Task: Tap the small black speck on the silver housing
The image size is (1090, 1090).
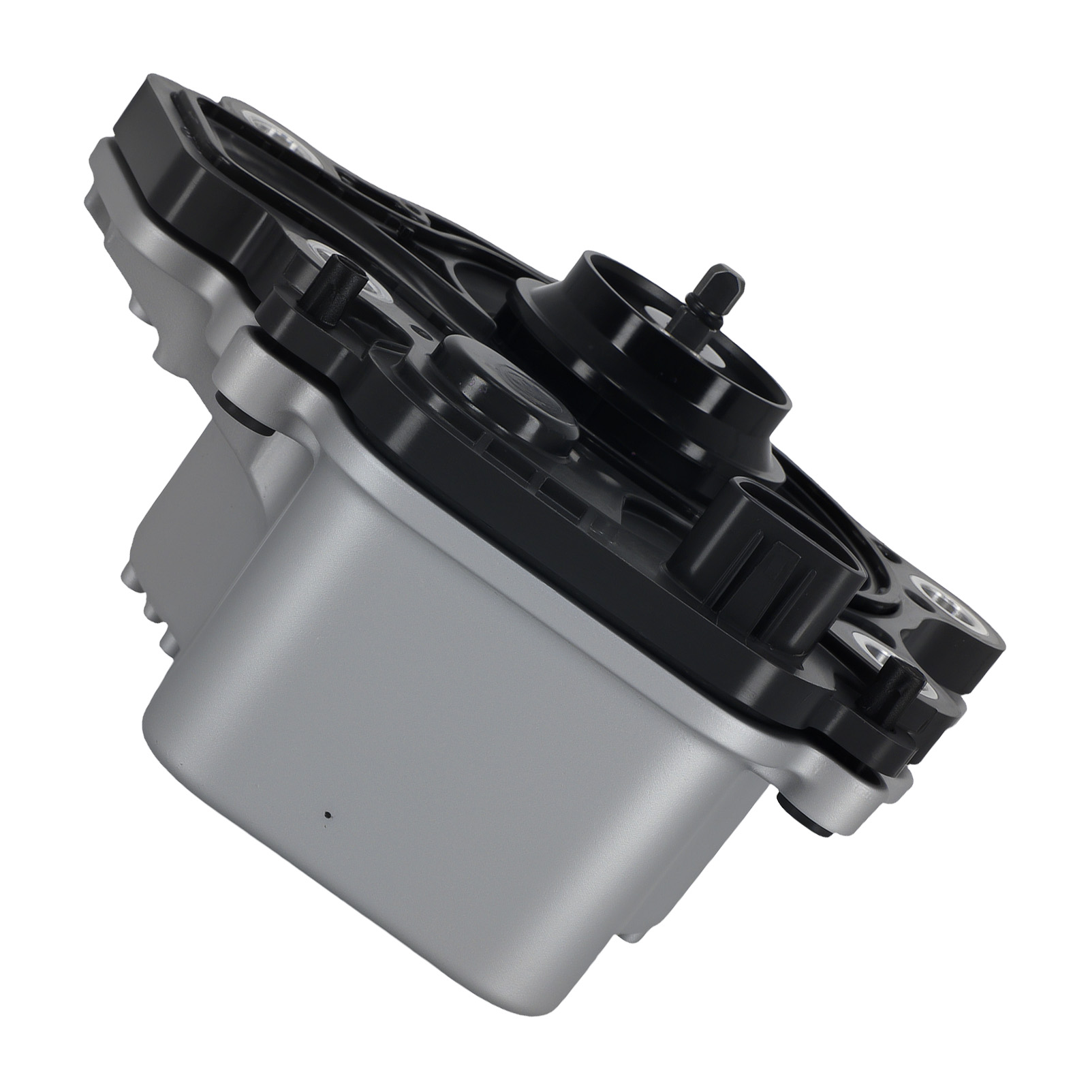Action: tap(328, 815)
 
